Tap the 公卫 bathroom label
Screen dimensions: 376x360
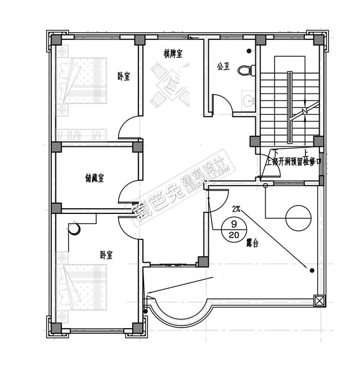click(223, 66)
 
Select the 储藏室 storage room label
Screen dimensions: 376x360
click(94, 178)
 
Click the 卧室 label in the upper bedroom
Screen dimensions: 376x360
click(123, 76)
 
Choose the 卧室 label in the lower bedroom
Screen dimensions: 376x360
click(106, 255)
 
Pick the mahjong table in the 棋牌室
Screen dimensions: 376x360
click(171, 88)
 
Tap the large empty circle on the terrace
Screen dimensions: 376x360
click(297, 217)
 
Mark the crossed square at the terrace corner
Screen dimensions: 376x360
click(319, 301)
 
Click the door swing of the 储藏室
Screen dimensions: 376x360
click(128, 191)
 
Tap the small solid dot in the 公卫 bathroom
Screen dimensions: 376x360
click(249, 51)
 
